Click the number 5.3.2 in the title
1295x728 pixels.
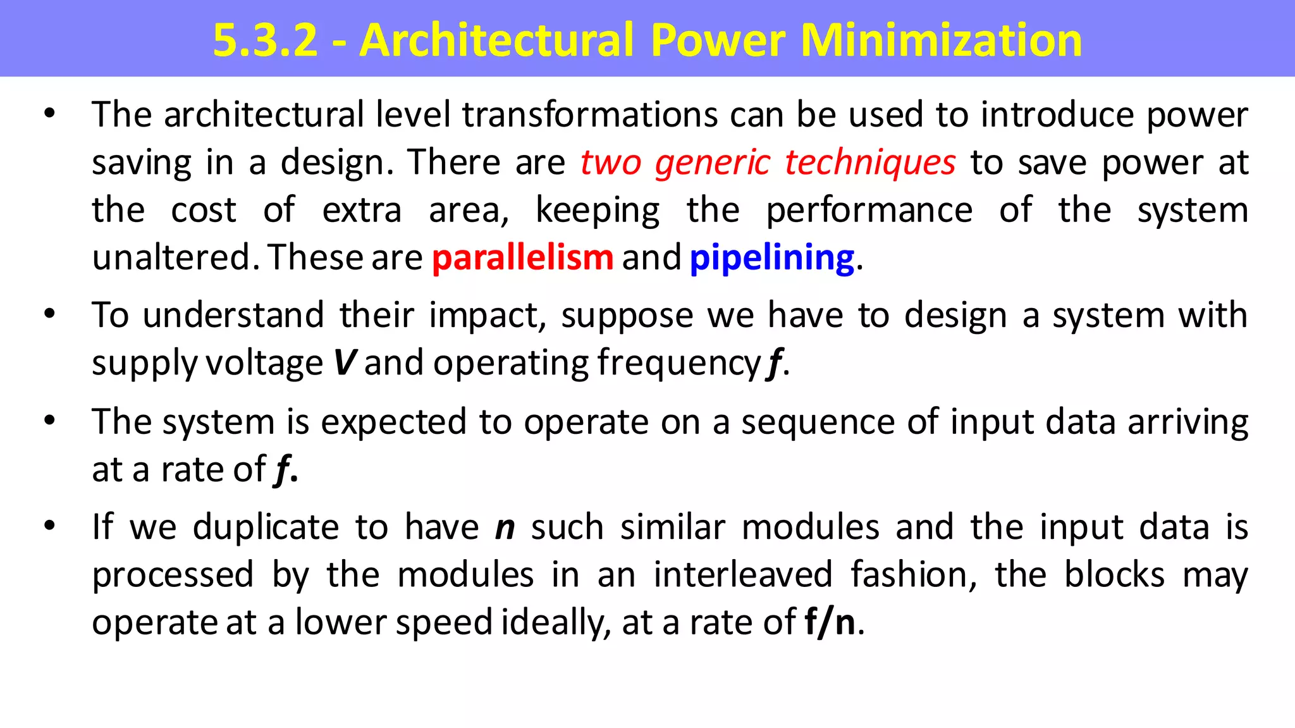click(265, 40)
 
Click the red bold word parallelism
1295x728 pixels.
click(522, 258)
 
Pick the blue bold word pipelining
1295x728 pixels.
click(772, 258)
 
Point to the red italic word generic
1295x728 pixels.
click(713, 163)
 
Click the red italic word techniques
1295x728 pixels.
click(870, 163)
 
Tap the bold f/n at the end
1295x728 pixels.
click(830, 622)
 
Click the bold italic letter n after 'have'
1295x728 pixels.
click(505, 527)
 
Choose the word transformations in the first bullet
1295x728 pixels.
click(590, 115)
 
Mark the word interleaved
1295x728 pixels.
click(743, 575)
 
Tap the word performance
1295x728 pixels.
click(869, 210)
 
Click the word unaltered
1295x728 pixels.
click(172, 258)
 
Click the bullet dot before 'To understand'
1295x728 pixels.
click(50, 314)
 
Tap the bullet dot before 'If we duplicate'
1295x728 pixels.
click(50, 526)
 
